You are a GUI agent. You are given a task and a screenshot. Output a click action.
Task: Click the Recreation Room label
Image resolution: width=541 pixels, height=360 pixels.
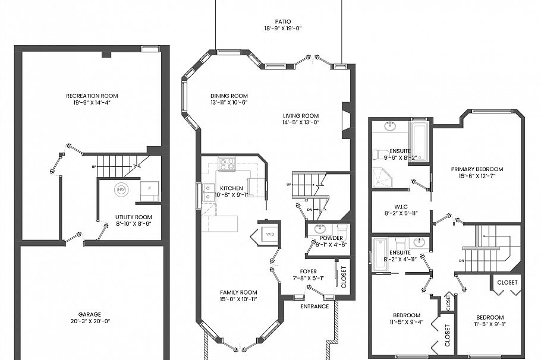[92, 96]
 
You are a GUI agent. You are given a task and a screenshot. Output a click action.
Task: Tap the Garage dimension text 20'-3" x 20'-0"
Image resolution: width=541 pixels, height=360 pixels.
[89, 321]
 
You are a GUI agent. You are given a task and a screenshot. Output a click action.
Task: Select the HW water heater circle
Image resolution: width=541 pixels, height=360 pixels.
[121, 190]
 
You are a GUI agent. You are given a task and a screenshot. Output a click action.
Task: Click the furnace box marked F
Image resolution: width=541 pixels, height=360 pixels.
[149, 190]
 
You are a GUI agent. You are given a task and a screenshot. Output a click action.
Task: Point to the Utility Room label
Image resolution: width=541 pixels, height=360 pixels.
[134, 217]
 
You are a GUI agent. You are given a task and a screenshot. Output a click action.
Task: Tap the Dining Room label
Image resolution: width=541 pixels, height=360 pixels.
[229, 96]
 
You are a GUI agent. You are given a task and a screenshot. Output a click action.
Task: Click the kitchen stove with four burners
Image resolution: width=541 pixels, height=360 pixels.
[227, 163]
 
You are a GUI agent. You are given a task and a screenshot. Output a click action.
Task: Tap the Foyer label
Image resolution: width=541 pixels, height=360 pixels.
[308, 271]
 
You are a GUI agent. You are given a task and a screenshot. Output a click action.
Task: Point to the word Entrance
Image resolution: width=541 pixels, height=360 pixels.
[314, 307]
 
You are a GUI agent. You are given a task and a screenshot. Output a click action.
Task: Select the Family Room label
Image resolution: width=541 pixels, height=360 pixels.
[238, 292]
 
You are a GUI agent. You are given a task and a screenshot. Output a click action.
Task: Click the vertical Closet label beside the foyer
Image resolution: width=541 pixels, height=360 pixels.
[343, 276]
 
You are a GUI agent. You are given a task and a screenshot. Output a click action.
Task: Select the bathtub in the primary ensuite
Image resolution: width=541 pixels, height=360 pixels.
[419, 141]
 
